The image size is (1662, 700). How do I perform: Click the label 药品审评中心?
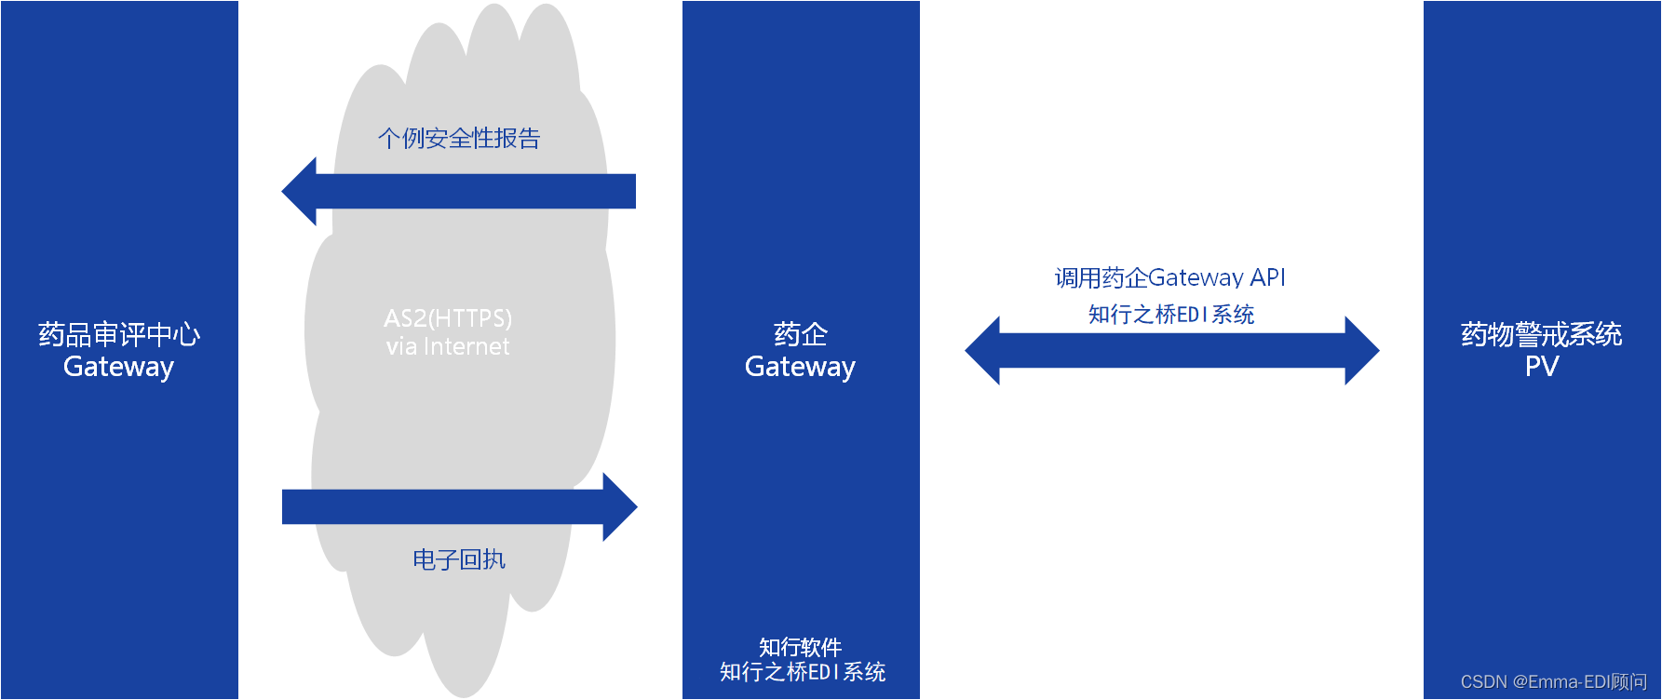point(119,334)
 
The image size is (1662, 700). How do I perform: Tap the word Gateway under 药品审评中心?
point(118,367)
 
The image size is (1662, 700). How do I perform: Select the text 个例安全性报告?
point(459,139)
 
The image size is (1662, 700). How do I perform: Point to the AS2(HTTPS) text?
point(448,318)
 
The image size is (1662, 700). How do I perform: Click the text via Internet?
point(448,346)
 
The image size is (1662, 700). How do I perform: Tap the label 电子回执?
point(459,559)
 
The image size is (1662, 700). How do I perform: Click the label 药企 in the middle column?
point(801,334)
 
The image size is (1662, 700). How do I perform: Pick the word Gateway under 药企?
point(800,367)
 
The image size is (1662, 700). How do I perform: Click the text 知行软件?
point(801,647)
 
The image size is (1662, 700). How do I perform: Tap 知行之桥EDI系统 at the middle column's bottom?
point(803,672)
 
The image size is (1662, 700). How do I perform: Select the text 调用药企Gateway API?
point(1170,277)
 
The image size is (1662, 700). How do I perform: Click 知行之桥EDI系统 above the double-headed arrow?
point(1171,315)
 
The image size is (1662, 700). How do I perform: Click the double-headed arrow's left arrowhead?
point(983,351)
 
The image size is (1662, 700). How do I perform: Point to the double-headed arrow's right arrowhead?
point(1361,351)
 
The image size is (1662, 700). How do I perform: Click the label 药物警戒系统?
point(1542,334)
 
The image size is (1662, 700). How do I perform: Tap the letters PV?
point(1542,367)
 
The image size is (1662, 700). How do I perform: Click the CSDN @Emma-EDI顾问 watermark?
point(1554,682)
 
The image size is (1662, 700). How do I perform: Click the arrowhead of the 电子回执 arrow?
point(619,506)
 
